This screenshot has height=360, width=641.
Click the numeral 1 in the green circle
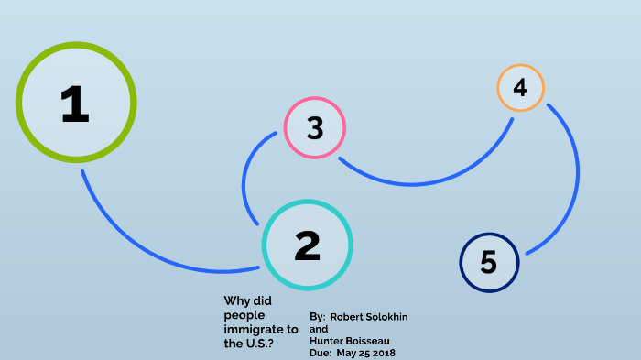pyautogui.click(x=74, y=104)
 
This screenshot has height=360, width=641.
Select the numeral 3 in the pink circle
pyautogui.click(x=315, y=128)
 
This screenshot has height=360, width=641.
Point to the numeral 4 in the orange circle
pyautogui.click(x=520, y=88)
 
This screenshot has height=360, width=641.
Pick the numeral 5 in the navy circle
pyautogui.click(x=488, y=262)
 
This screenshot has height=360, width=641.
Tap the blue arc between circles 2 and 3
pyautogui.click(x=245, y=179)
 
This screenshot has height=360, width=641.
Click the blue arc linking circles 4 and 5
pyautogui.click(x=575, y=174)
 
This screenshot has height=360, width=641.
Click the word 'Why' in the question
pyautogui.click(x=236, y=300)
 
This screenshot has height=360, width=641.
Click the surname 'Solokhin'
pyautogui.click(x=388, y=317)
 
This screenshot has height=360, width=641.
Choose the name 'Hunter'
pyautogui.click(x=329, y=341)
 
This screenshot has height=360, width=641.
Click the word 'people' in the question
pyautogui.click(x=244, y=314)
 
